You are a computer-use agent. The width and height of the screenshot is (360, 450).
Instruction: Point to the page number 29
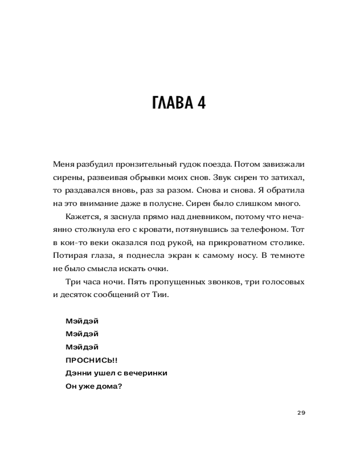click(301, 413)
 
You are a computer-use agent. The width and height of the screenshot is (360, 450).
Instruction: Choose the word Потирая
click(69, 256)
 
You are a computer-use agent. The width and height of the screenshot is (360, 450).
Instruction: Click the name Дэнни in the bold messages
click(78, 373)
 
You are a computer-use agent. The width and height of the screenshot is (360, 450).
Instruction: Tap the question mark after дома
click(120, 386)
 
